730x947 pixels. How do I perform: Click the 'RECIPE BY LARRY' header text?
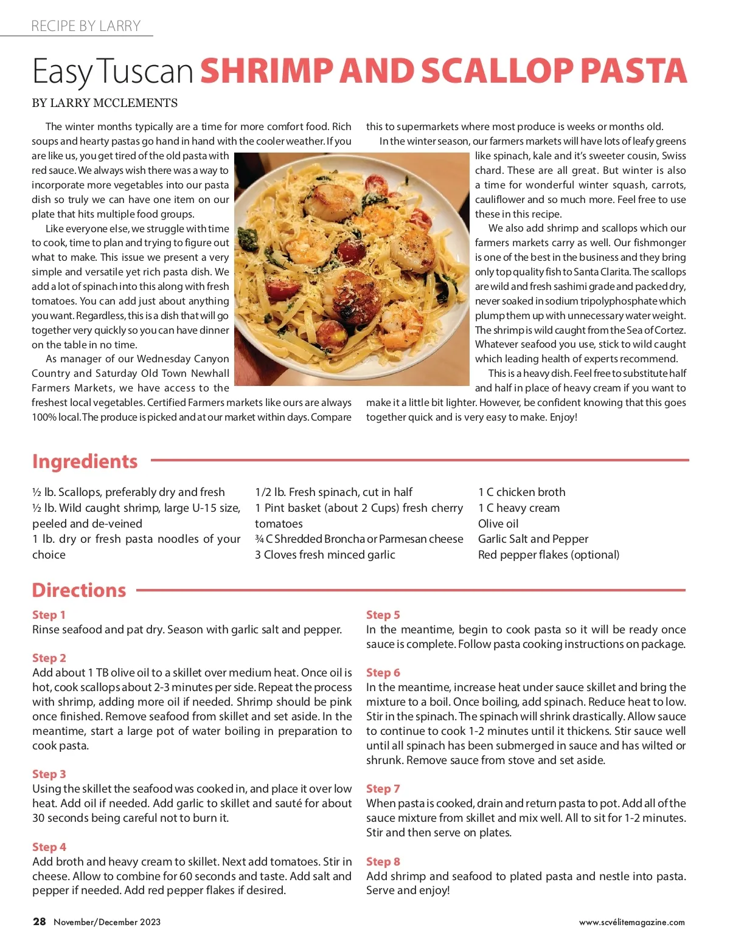(x=86, y=26)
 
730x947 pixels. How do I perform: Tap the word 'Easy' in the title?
(x=62, y=72)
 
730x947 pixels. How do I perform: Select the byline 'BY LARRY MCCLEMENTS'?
(x=105, y=103)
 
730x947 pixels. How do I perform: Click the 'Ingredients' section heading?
(x=85, y=461)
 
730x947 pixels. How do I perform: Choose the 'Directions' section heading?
(x=79, y=590)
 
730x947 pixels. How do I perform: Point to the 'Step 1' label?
(x=49, y=615)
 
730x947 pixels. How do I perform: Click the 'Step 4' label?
(x=49, y=847)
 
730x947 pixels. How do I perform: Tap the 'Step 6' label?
(x=383, y=673)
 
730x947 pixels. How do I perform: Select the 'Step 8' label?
(x=383, y=862)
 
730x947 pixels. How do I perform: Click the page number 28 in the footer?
(x=40, y=922)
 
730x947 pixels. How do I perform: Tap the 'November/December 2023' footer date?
(x=107, y=922)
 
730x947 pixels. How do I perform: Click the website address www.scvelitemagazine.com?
(x=631, y=923)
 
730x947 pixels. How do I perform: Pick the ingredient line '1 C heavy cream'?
(x=519, y=508)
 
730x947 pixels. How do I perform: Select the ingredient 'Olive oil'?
(x=498, y=524)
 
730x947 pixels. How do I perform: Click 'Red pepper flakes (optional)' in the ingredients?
(x=549, y=555)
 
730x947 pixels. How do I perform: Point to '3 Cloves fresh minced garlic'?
(x=325, y=555)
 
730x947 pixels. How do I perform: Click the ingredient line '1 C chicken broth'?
(x=521, y=492)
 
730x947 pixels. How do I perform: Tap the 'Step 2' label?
(x=49, y=658)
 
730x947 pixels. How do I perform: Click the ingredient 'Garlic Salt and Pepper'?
(x=533, y=539)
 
